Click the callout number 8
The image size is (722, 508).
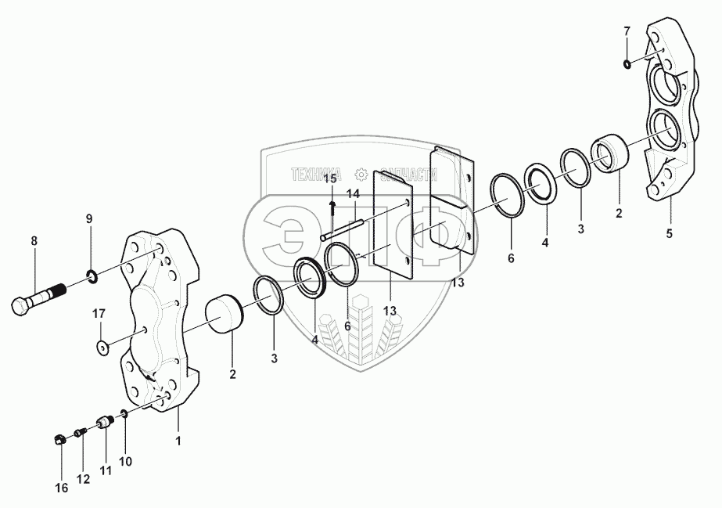(34, 242)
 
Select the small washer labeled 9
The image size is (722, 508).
(92, 275)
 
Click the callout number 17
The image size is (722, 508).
(99, 315)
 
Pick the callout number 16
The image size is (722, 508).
(61, 488)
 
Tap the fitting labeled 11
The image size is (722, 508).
(104, 423)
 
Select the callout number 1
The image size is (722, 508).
(178, 441)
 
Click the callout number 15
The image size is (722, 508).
(331, 179)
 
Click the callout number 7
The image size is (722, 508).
(626, 31)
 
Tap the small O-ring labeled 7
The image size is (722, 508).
(628, 63)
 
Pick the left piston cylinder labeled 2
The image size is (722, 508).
(224, 313)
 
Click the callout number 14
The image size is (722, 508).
(354, 193)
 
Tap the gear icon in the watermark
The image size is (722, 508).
(361, 174)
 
